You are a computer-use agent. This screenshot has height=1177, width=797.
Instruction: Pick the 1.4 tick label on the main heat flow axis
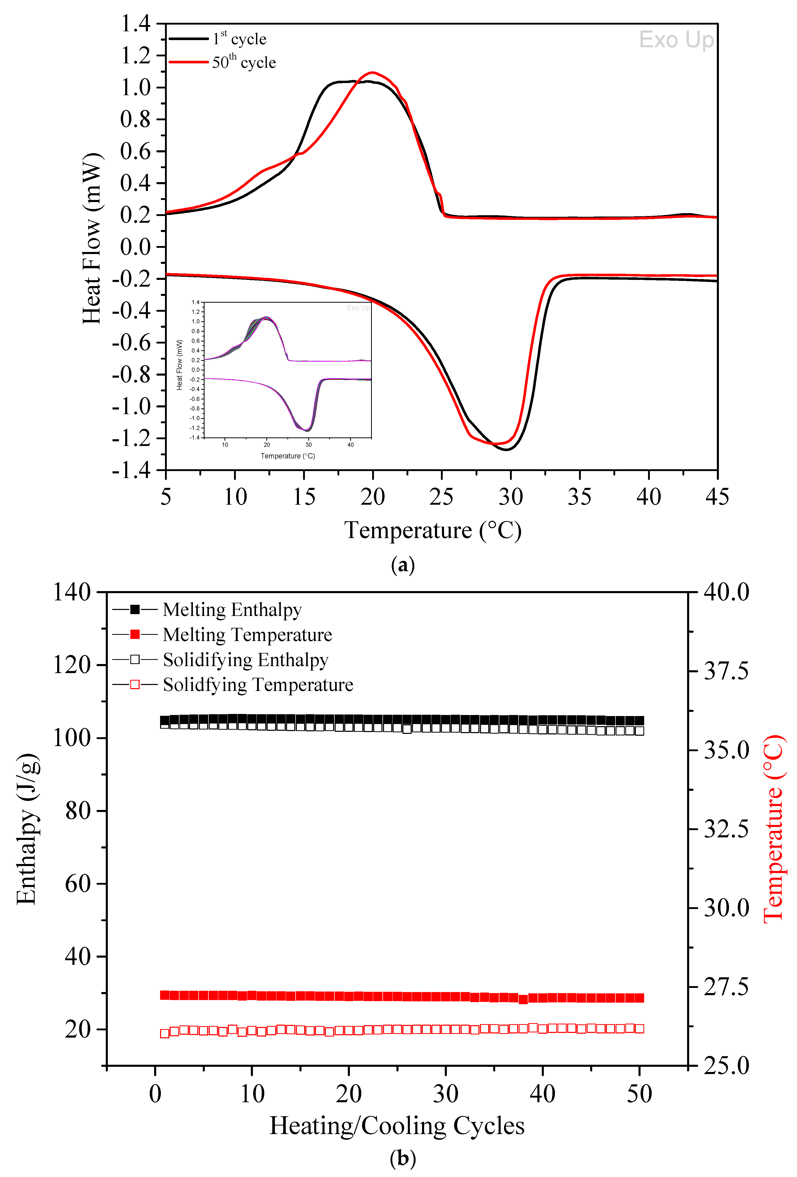[x=135, y=23]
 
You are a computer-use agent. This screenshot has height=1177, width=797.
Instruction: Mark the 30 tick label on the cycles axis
[x=446, y=1093]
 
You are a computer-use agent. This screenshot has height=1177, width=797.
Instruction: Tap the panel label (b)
[x=403, y=1158]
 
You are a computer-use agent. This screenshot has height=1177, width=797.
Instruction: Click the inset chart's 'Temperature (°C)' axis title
[x=288, y=456]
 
